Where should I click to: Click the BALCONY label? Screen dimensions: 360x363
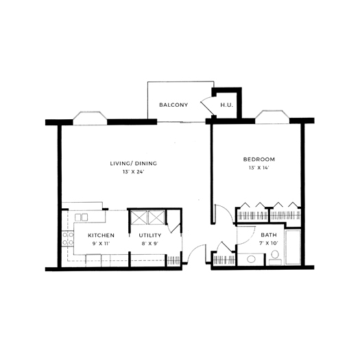[x=173, y=105]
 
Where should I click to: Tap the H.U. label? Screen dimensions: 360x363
[x=226, y=105]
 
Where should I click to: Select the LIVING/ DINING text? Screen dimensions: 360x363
[x=133, y=164]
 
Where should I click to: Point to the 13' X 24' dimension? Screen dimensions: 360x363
[x=134, y=172]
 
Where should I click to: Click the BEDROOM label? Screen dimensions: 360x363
[x=259, y=160]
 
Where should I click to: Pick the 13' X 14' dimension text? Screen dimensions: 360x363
[x=259, y=168]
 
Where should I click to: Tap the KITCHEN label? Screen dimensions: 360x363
[x=101, y=236]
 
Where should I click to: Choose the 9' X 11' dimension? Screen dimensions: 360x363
[x=101, y=244]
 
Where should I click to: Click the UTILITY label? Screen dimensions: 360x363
[x=150, y=236]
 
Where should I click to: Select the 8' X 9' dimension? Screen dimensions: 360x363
[x=150, y=244]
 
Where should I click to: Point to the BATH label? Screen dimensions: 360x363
[x=269, y=235]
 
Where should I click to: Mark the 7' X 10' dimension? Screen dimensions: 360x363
[x=269, y=243]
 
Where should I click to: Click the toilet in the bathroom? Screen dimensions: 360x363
[x=275, y=258]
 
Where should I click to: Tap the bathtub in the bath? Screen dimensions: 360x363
[x=293, y=247]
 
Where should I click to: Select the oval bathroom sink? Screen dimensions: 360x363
[x=251, y=259]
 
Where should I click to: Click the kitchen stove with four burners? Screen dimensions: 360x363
[x=68, y=238]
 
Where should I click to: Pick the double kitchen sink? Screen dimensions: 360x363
[x=81, y=217]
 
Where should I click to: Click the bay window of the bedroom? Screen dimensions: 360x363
[x=272, y=117]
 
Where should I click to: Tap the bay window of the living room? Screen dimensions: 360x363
[x=91, y=118]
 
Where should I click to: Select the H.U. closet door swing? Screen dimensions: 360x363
[x=206, y=107]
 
